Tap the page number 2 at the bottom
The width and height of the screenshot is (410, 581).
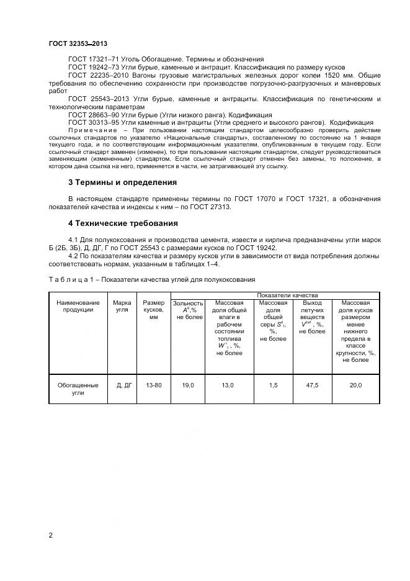(x=50, y=534)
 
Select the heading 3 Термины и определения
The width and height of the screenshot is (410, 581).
(x=122, y=182)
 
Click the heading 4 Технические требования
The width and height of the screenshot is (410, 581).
(x=123, y=223)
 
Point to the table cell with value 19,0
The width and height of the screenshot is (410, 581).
(x=188, y=385)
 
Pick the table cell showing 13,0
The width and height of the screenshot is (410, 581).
(x=228, y=385)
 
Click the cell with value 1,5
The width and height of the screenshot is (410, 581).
(x=273, y=385)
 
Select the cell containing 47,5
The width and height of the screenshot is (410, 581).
(x=312, y=385)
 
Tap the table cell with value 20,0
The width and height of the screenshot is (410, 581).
(x=355, y=385)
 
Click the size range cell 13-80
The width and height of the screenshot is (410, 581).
(x=153, y=385)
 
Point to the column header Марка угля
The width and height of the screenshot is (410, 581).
(x=122, y=306)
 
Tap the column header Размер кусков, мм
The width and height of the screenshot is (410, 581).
(x=153, y=309)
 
